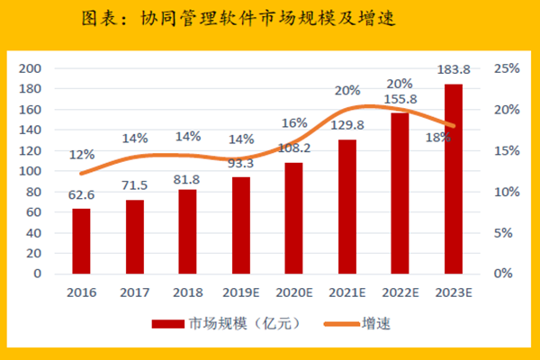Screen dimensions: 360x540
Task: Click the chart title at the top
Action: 269,19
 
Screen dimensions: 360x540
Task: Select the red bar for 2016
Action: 81,240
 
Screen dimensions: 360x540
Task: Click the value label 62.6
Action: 82,197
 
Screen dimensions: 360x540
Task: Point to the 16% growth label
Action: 294,123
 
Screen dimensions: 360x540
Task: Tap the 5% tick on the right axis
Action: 505,232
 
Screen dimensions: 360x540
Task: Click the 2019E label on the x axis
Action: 240,292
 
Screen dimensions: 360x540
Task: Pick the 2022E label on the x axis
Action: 400,292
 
